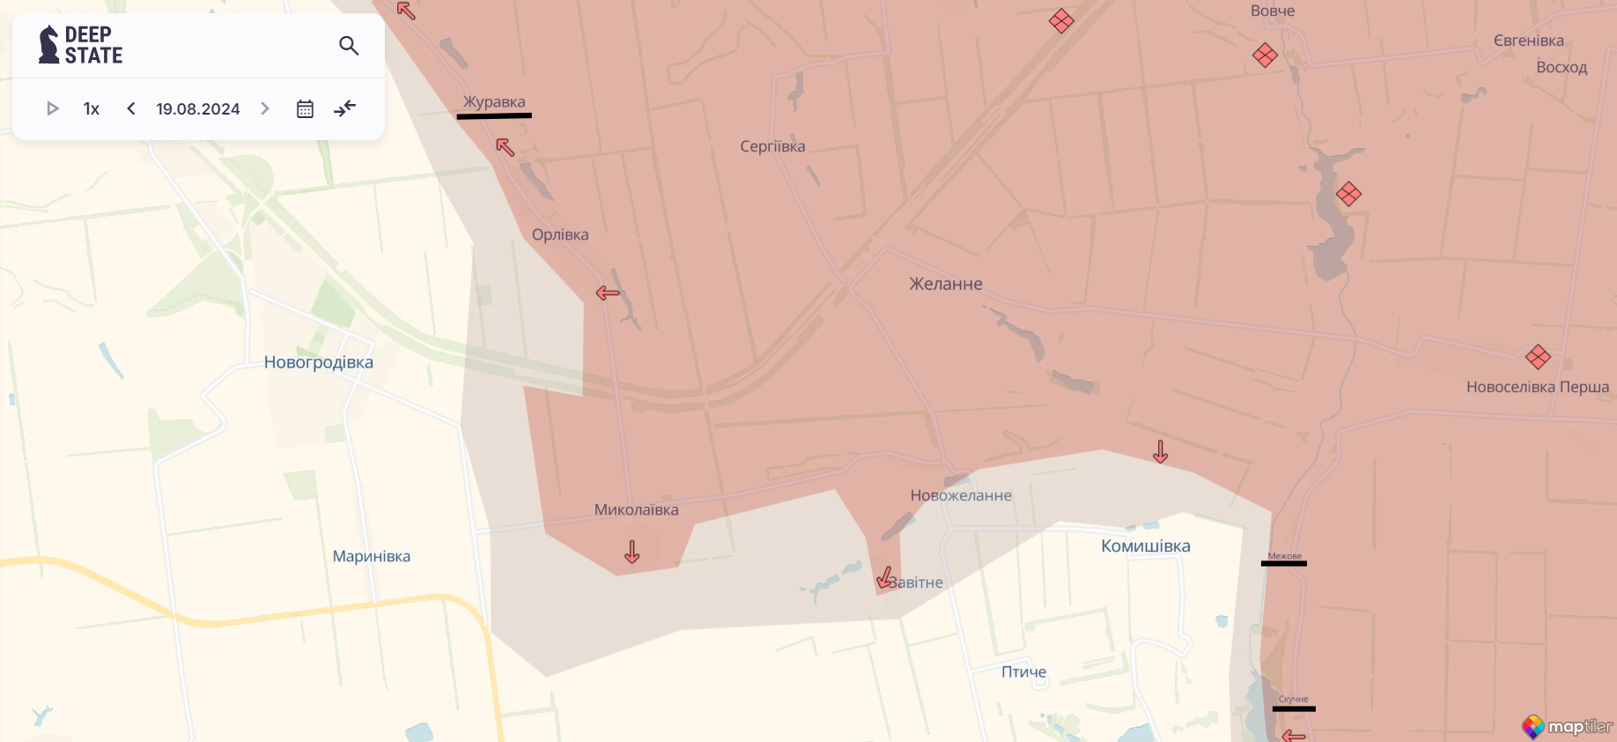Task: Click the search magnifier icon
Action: point(349,46)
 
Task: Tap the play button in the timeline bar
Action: point(53,108)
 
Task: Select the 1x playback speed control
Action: point(92,108)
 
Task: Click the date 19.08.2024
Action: point(198,108)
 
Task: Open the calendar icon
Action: point(305,108)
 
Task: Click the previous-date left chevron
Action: point(131,108)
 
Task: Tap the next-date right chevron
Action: point(265,108)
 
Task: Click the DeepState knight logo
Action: point(48,45)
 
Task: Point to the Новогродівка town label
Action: point(319,362)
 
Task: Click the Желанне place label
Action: point(946,284)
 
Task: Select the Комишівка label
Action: point(1146,545)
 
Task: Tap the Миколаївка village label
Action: point(636,509)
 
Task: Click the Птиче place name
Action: point(1023,672)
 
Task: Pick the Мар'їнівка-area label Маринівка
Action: point(372,556)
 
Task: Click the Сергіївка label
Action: point(772,146)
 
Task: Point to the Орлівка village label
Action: point(560,234)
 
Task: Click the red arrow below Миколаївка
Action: point(632,553)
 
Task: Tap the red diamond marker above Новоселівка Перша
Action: point(1538,357)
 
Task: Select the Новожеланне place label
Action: point(961,495)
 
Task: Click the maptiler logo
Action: point(1568,727)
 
